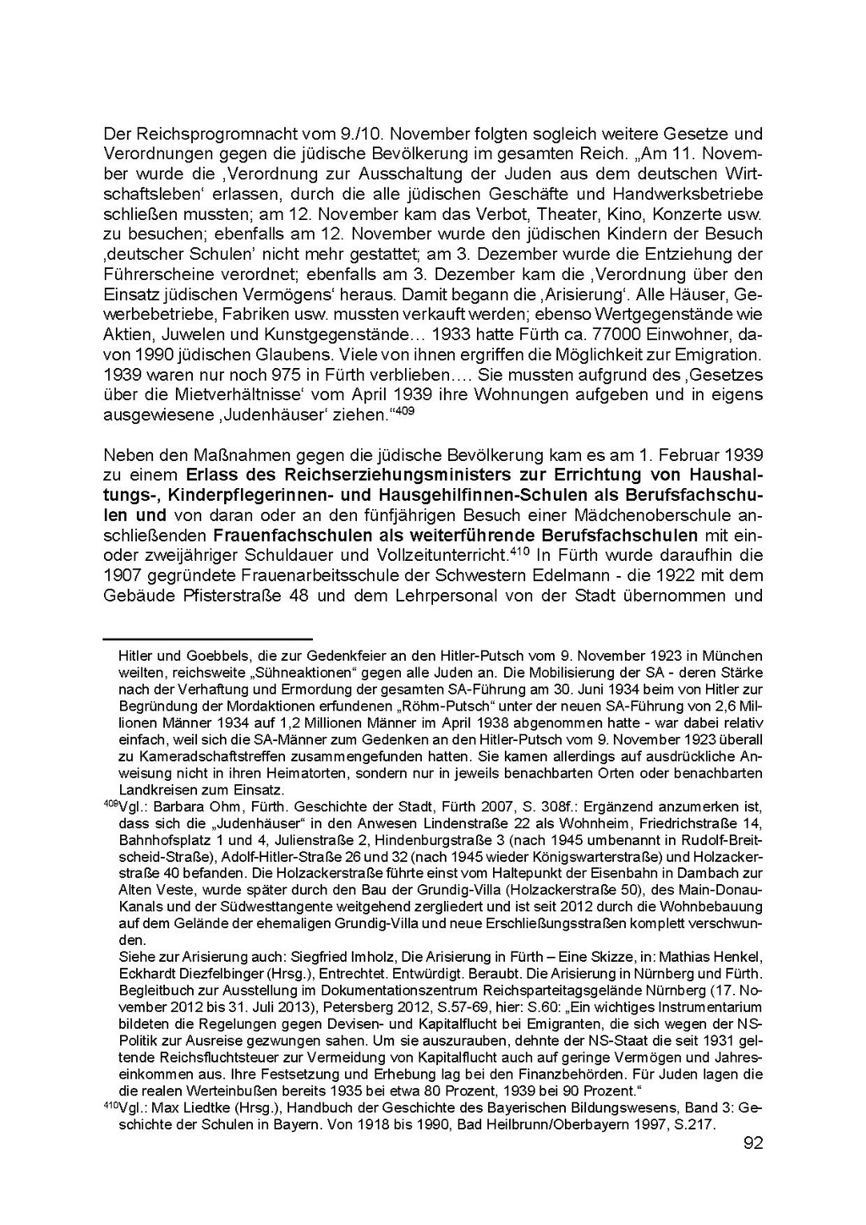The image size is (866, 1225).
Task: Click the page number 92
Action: pos(754,1144)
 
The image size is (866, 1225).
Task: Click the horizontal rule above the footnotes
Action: pos(207,639)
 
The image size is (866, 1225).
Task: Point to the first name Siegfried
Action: pos(318,957)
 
